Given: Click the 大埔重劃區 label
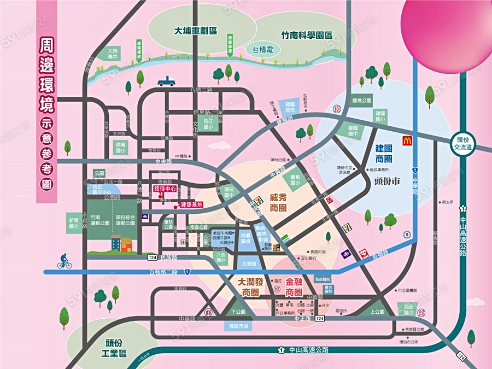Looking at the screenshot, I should pyautogui.click(x=196, y=31).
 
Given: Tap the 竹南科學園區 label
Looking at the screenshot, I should pyautogui.click(x=306, y=34).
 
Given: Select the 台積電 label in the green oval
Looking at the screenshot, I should pyautogui.click(x=264, y=50).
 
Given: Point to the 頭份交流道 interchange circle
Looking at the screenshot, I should pyautogui.click(x=464, y=144).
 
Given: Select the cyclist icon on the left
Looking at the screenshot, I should pyautogui.click(x=65, y=263).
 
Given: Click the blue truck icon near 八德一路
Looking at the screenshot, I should pyautogui.click(x=166, y=81).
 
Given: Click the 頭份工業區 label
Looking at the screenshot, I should pyautogui.click(x=116, y=348).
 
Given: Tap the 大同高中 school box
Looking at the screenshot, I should pyautogui.click(x=113, y=53).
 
